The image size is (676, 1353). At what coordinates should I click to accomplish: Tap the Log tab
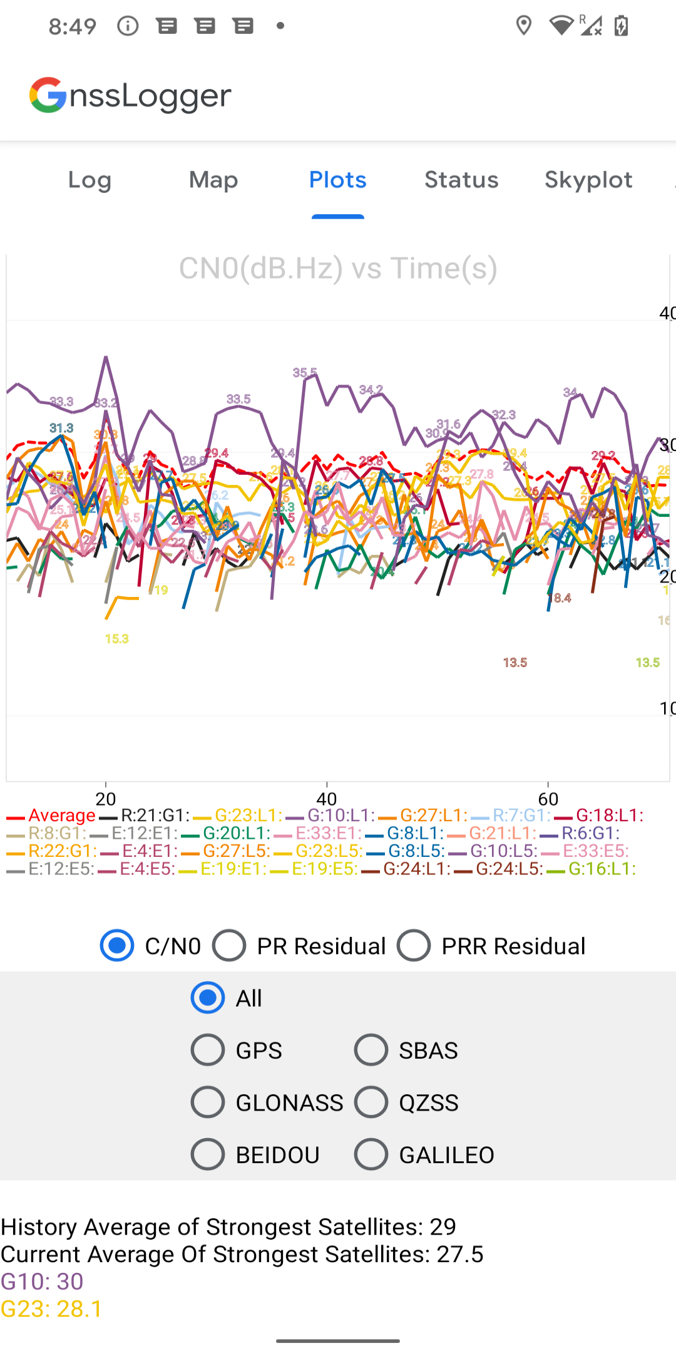coord(90,180)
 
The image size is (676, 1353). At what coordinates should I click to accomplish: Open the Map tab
coord(213,180)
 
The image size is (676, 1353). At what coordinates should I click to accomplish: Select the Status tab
coord(461,180)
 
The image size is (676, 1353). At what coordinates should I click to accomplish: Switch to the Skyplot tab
coord(588,180)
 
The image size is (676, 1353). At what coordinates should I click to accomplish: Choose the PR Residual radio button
coord(229,946)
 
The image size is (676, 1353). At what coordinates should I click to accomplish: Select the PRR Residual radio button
coord(414,946)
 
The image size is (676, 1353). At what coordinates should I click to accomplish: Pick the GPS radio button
coord(208,1050)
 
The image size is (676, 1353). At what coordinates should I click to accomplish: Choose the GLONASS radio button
coord(208,1102)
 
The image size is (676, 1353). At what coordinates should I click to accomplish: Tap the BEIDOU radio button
coord(208,1154)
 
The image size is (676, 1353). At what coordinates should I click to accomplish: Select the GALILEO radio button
coord(371,1154)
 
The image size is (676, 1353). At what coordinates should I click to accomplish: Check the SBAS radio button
coord(371,1050)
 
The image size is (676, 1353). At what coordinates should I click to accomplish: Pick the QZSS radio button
coord(371,1102)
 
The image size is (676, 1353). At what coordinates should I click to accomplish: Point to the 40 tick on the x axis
coord(327,799)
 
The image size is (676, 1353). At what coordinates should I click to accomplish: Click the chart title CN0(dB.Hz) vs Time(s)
coord(338,268)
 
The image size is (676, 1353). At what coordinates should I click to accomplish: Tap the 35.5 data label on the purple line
coord(305,373)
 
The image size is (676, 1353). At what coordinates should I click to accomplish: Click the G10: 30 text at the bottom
coord(42,1282)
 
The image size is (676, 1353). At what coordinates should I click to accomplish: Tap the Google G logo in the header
coord(48,95)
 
